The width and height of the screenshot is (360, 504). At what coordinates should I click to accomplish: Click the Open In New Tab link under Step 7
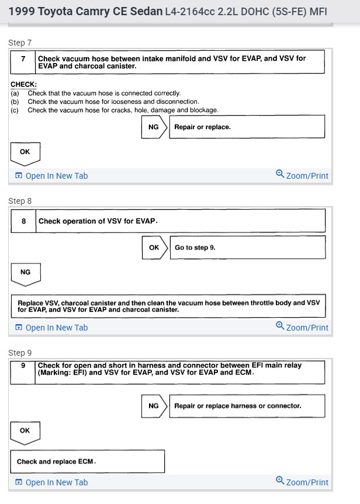pos(56,176)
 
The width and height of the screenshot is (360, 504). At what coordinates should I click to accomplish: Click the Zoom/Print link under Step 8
pos(307,328)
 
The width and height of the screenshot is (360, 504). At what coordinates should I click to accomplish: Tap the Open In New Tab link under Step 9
pos(56,482)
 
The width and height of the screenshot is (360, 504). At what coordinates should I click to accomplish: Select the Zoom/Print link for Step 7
pos(307,176)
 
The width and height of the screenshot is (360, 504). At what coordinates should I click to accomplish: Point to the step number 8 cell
pos(24,221)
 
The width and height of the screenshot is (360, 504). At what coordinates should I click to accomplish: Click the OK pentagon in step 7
pos(25,152)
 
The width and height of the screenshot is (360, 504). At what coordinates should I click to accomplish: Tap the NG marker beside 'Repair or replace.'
pos(154,127)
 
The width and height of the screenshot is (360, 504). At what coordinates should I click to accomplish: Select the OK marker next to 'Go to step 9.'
pos(154,248)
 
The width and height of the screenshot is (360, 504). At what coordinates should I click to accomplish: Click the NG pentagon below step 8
pos(25,273)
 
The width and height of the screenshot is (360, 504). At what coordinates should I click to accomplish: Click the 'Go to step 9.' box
pos(247,248)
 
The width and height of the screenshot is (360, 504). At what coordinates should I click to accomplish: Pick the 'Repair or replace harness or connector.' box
pos(247,406)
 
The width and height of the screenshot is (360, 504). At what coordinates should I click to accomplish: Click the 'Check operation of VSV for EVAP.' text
pos(98,221)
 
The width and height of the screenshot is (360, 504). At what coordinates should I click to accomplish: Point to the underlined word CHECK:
pos(23,85)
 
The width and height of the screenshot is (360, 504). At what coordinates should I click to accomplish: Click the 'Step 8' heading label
pos(20,201)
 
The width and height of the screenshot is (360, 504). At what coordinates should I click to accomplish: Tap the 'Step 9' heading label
pos(20,353)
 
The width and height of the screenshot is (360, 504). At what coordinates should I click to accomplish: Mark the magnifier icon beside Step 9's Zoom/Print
pos(280,481)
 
